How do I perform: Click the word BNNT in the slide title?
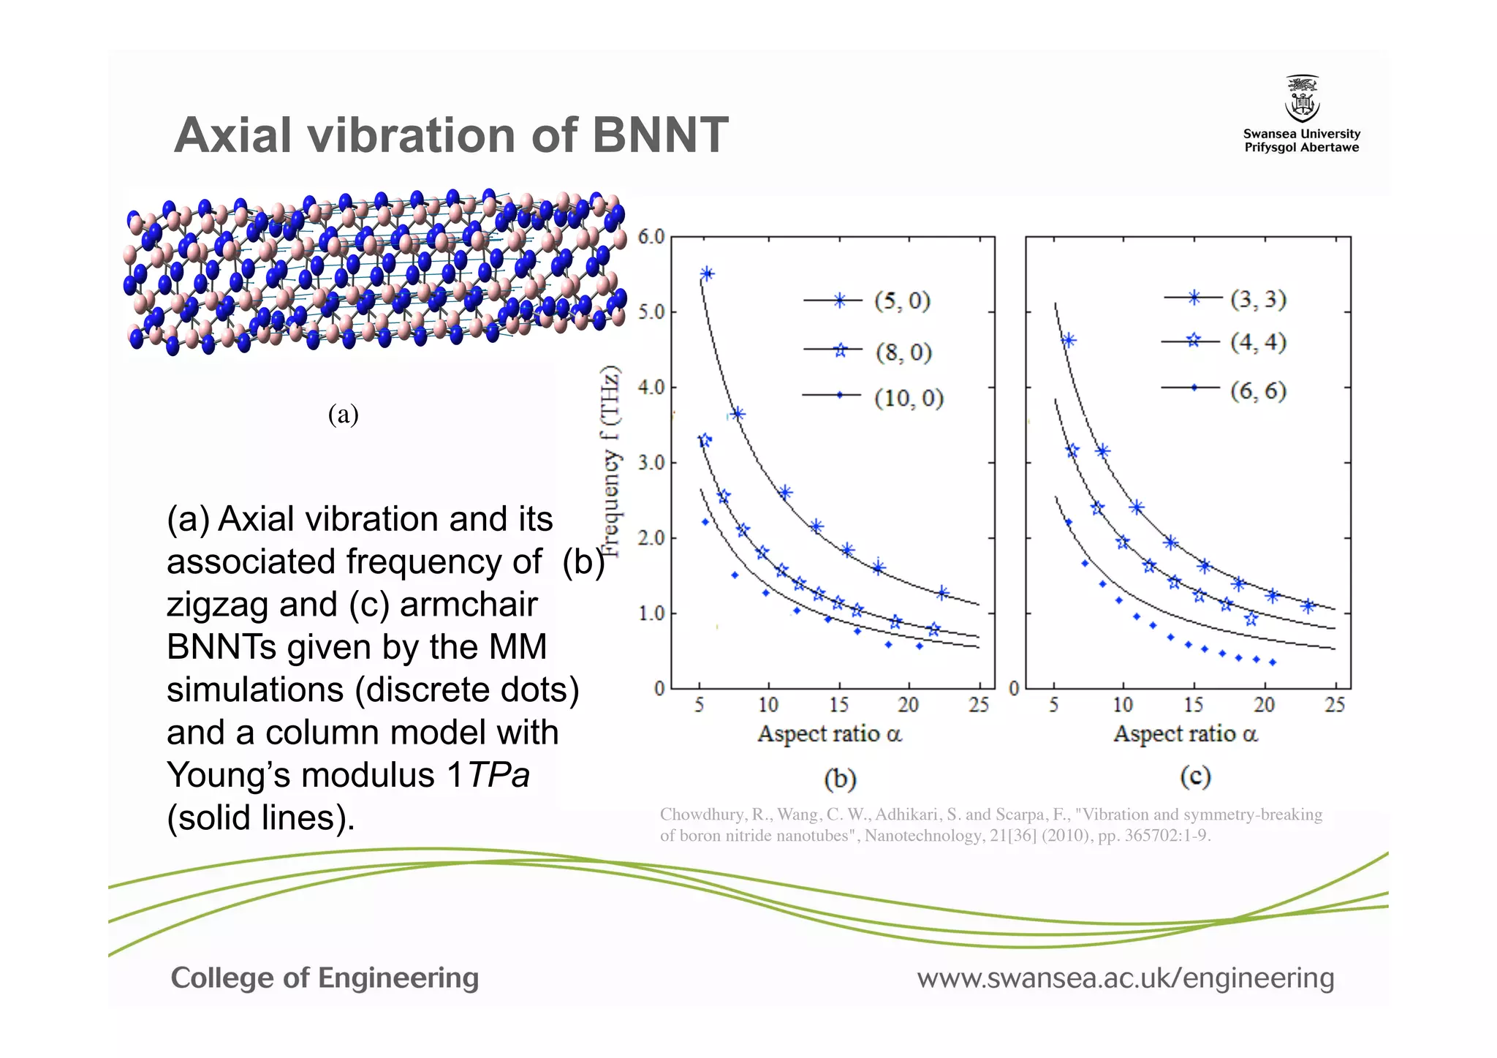[659, 135]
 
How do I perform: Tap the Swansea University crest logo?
[1302, 99]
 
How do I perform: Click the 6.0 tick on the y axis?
[651, 237]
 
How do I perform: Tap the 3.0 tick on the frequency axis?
[651, 463]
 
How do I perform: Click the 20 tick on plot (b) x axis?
[908, 705]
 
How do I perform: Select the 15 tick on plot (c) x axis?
[1193, 705]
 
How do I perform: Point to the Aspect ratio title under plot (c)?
[1185, 733]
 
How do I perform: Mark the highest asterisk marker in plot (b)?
[707, 274]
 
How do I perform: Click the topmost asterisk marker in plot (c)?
[1069, 341]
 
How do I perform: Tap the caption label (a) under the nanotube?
[343, 415]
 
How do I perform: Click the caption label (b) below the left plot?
[840, 778]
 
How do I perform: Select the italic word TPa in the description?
[499, 775]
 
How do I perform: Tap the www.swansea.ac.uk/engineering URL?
[1126, 978]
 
